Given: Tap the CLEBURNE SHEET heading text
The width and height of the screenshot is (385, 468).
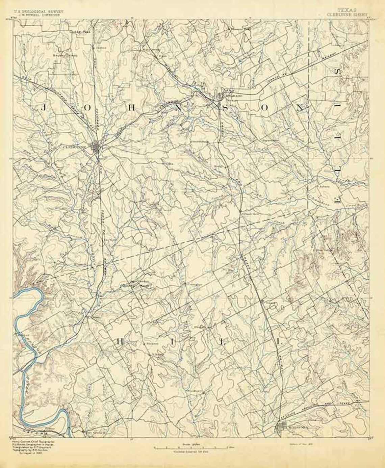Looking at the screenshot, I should (x=351, y=15).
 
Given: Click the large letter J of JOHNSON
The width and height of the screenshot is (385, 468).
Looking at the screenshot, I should (x=43, y=108).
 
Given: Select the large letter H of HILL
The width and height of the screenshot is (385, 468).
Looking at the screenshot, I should (x=120, y=341).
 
